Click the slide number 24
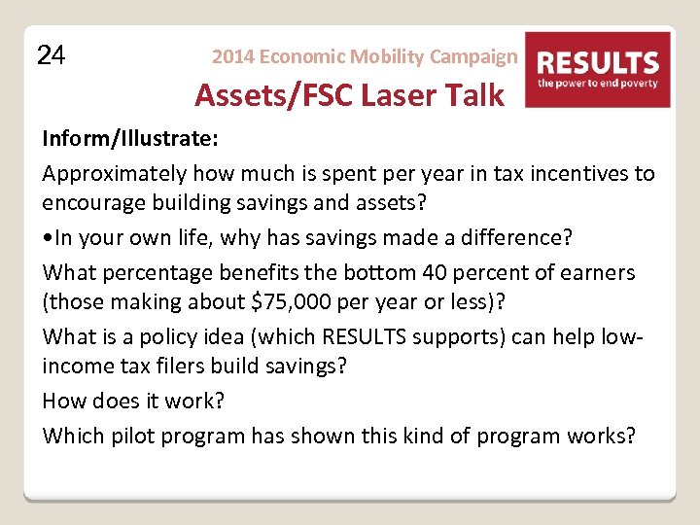(x=51, y=55)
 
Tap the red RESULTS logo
(x=597, y=69)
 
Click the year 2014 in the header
(x=232, y=56)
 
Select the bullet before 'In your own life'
(x=48, y=238)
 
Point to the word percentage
(x=154, y=271)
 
